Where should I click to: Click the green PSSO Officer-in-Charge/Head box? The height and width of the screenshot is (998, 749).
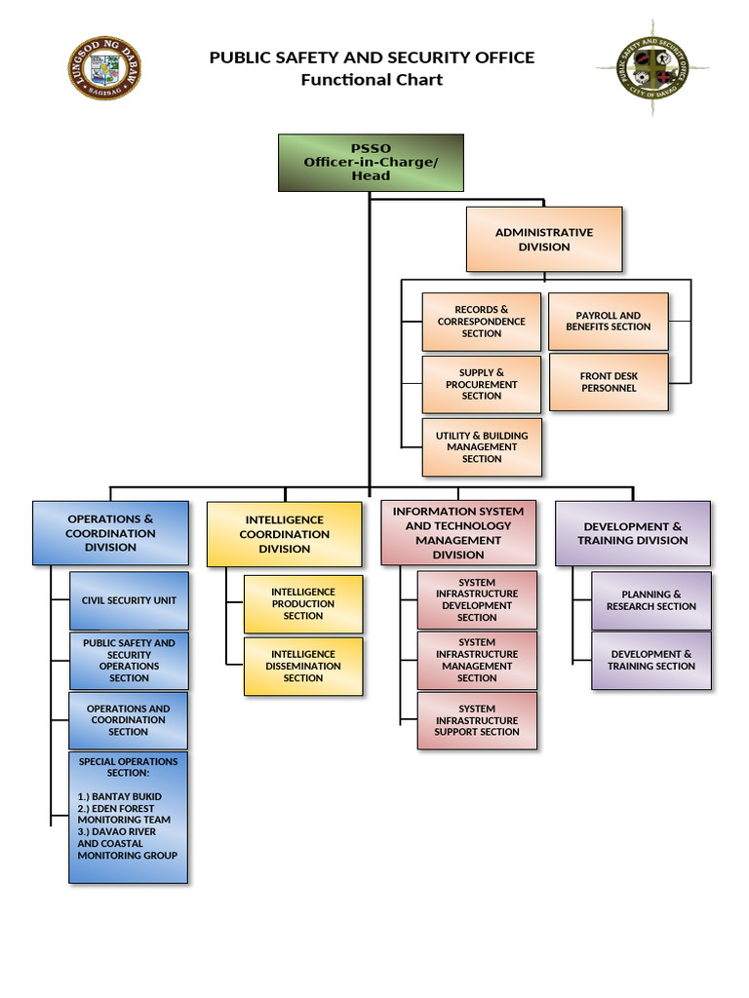[x=371, y=162]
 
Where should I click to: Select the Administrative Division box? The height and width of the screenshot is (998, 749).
[x=543, y=239]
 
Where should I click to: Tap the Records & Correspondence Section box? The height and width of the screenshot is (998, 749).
[x=481, y=322]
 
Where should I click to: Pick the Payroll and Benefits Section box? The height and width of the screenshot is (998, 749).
[x=609, y=321]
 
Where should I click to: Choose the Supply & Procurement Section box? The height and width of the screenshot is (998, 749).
[x=481, y=384]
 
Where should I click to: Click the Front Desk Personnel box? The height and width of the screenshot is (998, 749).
[x=609, y=382]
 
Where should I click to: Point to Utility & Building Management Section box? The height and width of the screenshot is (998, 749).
[x=481, y=447]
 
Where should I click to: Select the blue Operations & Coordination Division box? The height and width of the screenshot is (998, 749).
[x=110, y=533]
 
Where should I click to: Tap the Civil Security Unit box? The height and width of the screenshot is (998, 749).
[x=129, y=600]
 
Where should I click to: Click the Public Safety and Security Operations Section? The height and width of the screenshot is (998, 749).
[x=129, y=660]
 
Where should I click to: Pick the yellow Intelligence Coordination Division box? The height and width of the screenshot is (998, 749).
[x=284, y=534]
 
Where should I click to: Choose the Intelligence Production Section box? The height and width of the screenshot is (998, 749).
[x=302, y=603]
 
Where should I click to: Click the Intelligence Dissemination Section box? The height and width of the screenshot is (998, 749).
[x=302, y=666]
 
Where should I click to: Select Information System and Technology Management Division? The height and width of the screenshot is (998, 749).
[x=457, y=533]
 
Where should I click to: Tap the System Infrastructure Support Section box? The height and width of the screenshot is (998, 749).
[x=477, y=720]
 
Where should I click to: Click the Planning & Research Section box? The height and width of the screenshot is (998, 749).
[x=650, y=600]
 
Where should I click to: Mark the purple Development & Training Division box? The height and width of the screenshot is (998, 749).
[x=633, y=533]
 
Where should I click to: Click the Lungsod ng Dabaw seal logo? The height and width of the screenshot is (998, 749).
[x=105, y=68]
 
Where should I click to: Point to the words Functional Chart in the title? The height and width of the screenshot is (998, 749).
[x=372, y=80]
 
